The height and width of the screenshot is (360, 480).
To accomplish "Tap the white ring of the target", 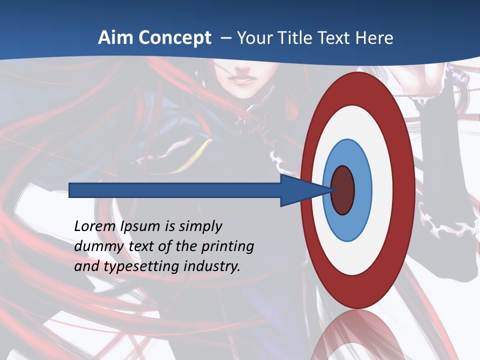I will (382, 190).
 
